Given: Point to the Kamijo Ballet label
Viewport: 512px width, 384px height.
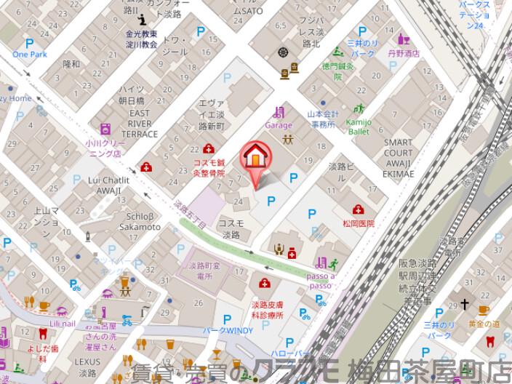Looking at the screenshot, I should click(x=358, y=127).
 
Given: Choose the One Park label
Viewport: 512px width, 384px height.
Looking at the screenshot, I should click(x=28, y=55).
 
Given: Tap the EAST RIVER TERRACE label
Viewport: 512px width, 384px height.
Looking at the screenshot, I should click(x=140, y=124).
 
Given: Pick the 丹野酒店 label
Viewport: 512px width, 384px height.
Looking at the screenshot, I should click(x=404, y=53).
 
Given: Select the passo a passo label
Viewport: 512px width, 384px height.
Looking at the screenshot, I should click(x=321, y=281).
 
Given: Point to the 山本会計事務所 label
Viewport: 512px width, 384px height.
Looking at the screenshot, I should click(x=321, y=119).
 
